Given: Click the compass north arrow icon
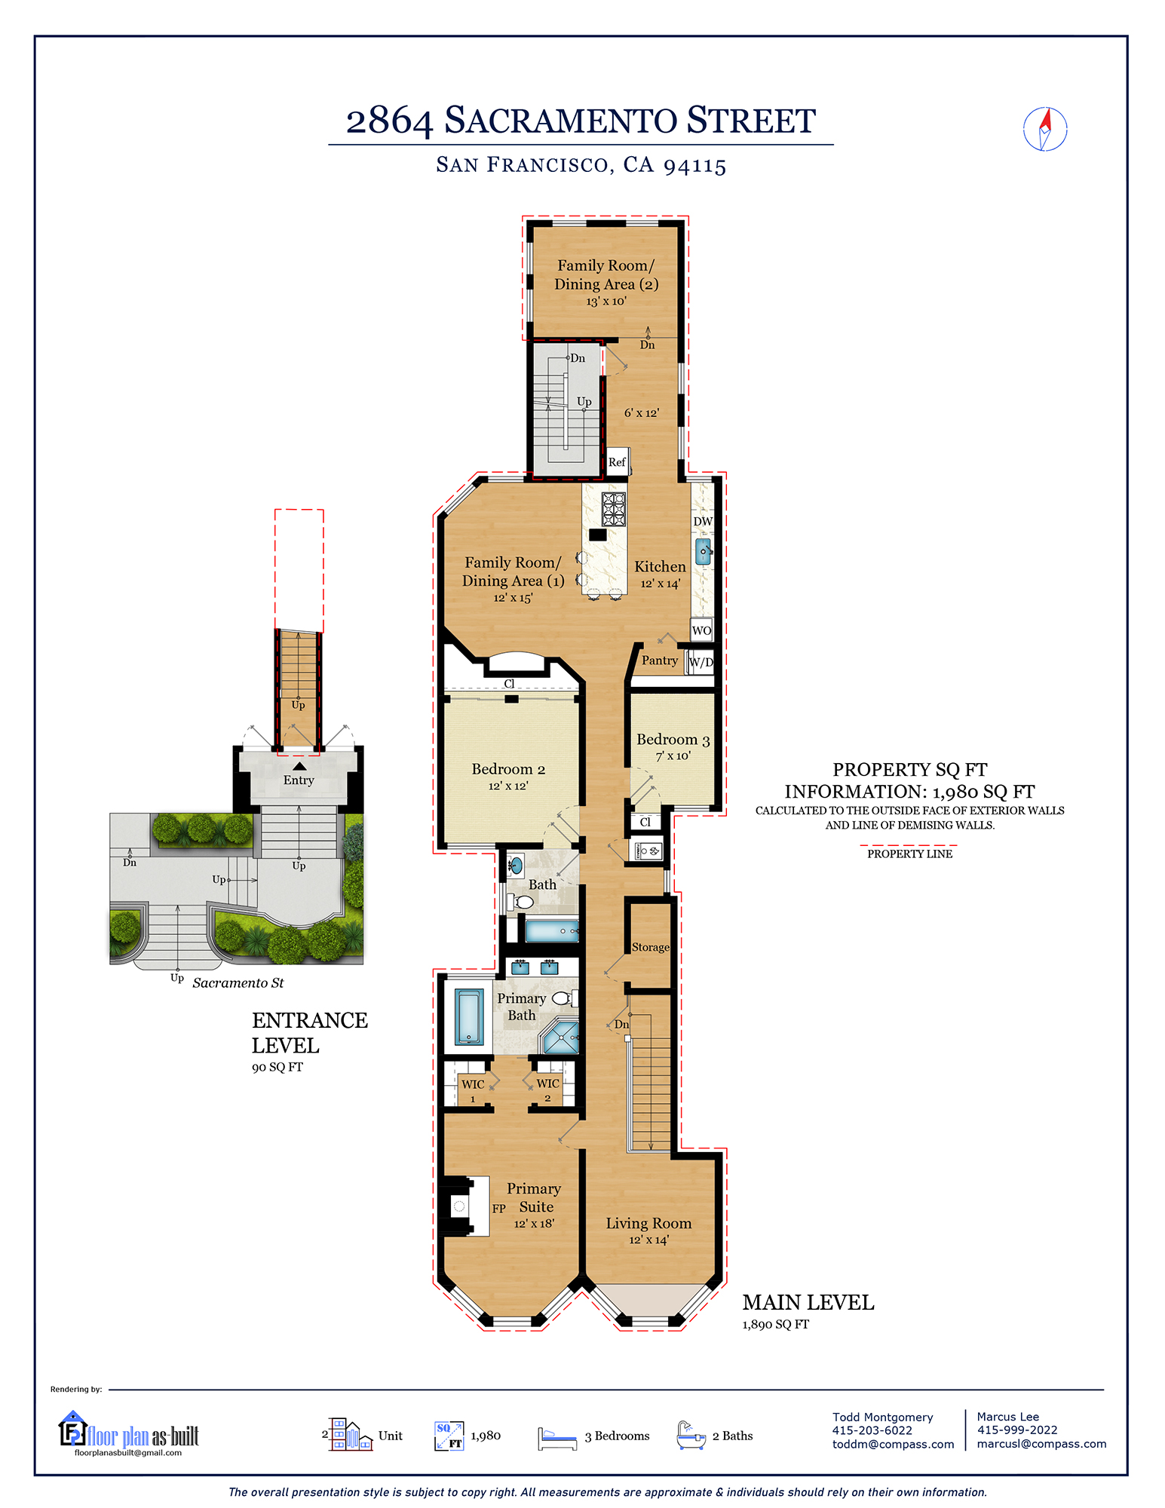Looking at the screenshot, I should pos(1045,129).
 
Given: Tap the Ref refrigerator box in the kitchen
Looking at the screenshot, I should pos(617,461).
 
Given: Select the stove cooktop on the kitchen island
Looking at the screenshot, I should pos(613,509).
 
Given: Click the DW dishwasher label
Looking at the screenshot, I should pos(702,521).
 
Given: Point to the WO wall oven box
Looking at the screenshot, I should pos(701,630).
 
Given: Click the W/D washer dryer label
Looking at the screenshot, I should pos(701,662).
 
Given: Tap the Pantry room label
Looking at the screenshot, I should pos(659,661).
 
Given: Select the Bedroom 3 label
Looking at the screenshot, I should pos(673,740).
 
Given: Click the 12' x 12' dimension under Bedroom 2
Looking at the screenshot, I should pos(507,786).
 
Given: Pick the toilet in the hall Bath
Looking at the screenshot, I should pos(522,902).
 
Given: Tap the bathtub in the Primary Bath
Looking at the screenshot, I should pos(468,1016).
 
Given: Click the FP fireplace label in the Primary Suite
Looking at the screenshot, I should pos(498,1208).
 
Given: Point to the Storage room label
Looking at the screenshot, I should pos(650,947).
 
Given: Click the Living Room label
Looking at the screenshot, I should pos(648,1223).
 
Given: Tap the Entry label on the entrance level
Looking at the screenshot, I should pos(299,780).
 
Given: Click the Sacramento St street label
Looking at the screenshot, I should pos(238,982).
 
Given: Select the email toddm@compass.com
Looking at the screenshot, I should pos(893,1444).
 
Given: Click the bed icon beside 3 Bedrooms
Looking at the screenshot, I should pos(556,1437).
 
